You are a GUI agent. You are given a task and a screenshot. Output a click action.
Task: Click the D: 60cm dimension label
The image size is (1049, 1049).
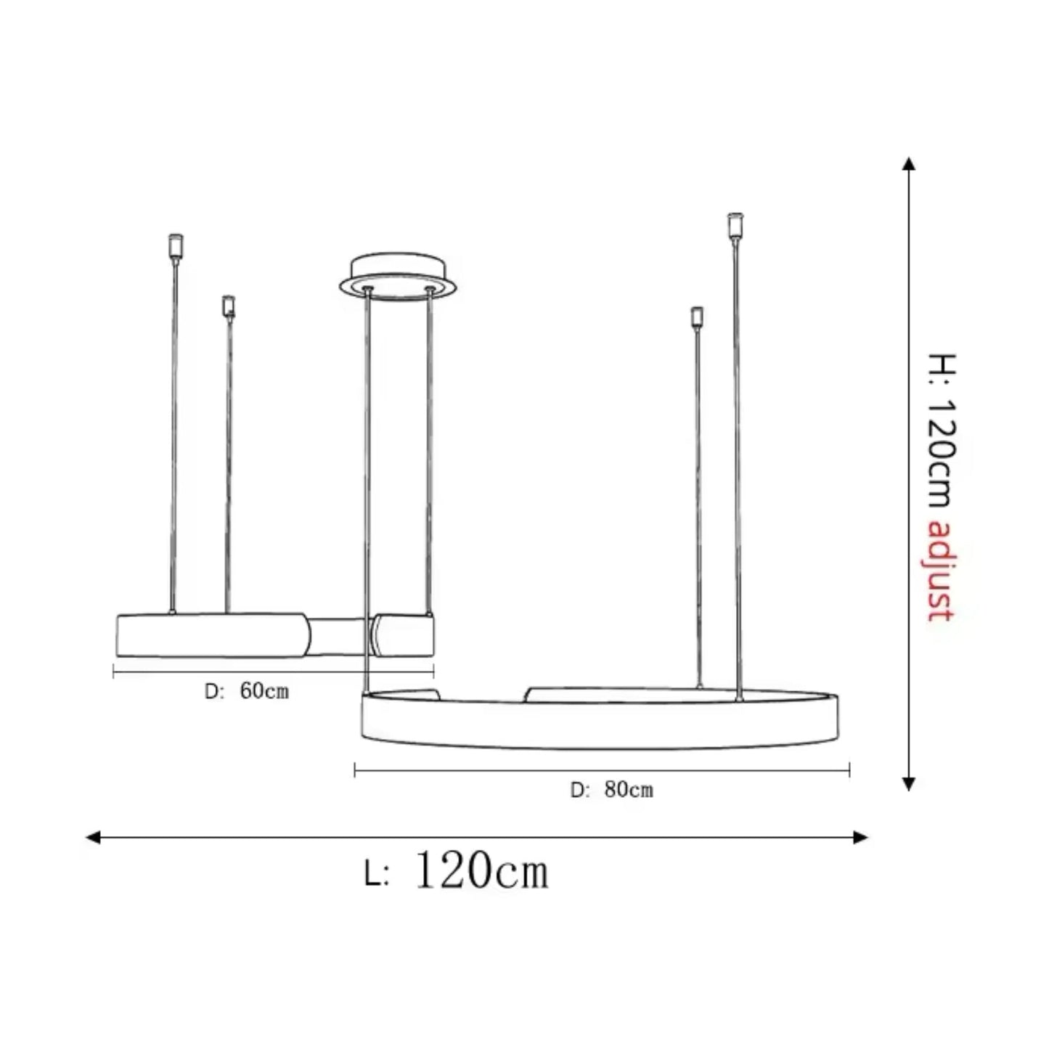[x=247, y=691]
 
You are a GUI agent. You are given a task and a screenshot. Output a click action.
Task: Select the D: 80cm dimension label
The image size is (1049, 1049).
[x=612, y=790]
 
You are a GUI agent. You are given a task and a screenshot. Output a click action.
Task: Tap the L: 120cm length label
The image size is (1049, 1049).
[x=457, y=870]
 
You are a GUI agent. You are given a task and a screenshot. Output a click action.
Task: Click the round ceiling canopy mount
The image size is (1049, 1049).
[x=399, y=275]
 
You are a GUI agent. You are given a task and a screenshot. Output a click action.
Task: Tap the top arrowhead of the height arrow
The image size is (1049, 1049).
[x=908, y=163]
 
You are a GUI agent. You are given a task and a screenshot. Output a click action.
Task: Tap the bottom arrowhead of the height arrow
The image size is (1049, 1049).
[x=908, y=783]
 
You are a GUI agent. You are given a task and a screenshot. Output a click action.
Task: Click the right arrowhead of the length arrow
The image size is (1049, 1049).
[x=861, y=838]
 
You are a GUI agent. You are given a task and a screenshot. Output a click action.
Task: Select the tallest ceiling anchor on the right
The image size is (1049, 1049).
[x=735, y=224]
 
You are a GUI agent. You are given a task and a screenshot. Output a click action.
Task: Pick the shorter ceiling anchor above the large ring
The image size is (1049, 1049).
[x=697, y=317]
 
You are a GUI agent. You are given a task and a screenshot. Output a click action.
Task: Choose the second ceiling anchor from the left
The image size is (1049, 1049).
[x=229, y=306]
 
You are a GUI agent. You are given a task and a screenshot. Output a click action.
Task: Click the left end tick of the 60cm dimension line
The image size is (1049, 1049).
[x=114, y=672]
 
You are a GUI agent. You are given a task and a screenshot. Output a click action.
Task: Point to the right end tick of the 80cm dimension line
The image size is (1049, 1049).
[x=849, y=770]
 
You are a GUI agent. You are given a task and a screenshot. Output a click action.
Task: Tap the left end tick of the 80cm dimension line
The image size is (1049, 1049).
[x=355, y=770]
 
